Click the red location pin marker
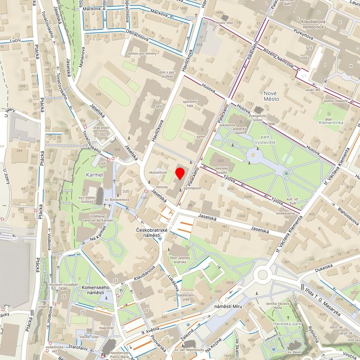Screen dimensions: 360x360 pyautogui.click(x=180, y=174)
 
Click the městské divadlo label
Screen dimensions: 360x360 pyautogui.click(x=225, y=171)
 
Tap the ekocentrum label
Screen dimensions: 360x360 pyautogui.click(x=158, y=172)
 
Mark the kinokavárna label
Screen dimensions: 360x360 pyautogui.click(x=286, y=213)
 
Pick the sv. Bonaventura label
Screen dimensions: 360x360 pyautogui.click(x=116, y=200)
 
